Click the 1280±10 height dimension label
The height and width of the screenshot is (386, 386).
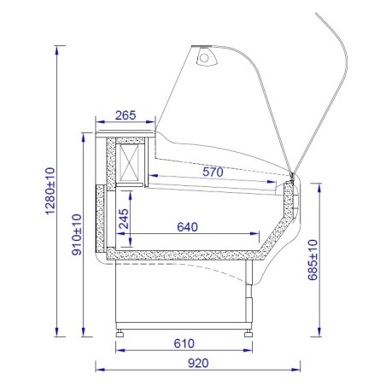click(x=50, y=190)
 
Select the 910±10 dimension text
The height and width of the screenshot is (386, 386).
click(x=77, y=235)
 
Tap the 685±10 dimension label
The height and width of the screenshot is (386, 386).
click(x=313, y=260)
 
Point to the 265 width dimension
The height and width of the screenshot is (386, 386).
click(x=126, y=115)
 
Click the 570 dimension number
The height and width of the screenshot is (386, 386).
click(x=213, y=172)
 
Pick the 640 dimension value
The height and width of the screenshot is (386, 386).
click(x=187, y=227)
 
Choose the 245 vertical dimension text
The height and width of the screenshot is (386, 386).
click(x=124, y=219)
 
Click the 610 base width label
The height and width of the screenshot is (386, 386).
click(x=184, y=343)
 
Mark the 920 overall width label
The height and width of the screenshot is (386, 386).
click(x=198, y=363)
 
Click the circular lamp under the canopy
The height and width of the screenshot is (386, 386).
click(x=204, y=58)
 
